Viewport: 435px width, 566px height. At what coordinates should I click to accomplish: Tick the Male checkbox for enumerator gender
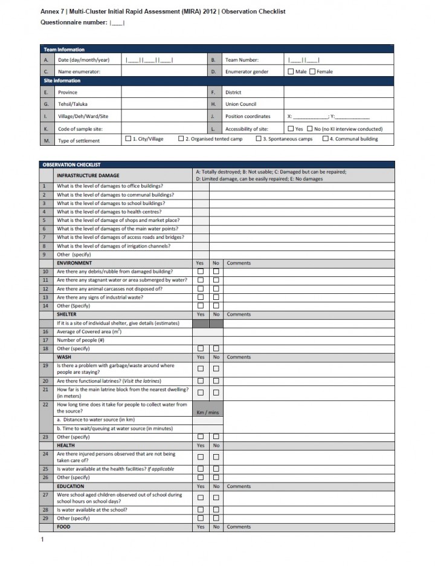[291, 71]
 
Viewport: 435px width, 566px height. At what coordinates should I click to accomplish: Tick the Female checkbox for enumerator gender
[312, 71]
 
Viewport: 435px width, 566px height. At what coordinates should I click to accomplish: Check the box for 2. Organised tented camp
[181, 138]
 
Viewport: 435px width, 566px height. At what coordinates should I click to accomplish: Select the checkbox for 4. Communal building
[325, 138]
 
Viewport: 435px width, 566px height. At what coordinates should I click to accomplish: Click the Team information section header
[64, 50]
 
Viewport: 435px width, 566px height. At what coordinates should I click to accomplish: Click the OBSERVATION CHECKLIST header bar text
[71, 164]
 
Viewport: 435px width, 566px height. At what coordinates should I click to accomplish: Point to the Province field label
[68, 93]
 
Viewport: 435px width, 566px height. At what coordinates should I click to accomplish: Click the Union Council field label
[241, 104]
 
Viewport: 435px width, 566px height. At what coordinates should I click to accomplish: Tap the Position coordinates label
[248, 116]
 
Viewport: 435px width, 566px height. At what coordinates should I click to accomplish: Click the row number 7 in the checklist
[44, 237]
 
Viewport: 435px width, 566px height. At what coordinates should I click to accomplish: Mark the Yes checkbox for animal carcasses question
[201, 288]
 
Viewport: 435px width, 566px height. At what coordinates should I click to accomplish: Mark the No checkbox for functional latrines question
[216, 381]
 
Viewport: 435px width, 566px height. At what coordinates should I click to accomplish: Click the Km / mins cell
[208, 412]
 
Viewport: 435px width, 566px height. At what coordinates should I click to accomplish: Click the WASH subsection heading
[64, 357]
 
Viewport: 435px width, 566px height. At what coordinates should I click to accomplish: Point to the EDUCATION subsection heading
[70, 486]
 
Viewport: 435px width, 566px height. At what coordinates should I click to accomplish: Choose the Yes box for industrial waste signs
[201, 297]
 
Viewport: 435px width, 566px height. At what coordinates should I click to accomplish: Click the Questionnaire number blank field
[117, 23]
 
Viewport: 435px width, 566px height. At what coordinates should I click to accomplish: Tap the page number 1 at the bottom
[42, 539]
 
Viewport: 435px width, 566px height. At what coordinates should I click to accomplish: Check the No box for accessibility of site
[310, 129]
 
